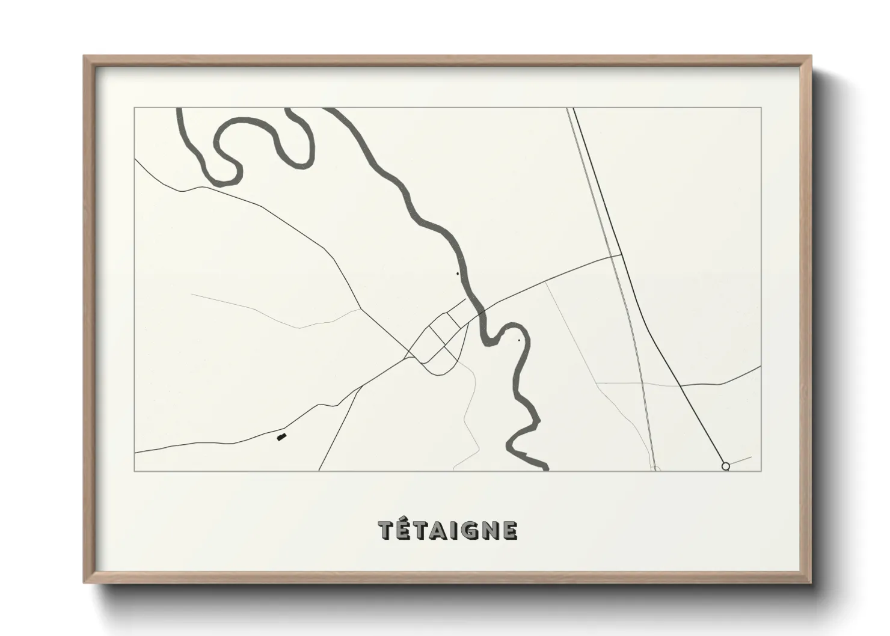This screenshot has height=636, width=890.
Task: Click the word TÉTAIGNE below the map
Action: (448, 530)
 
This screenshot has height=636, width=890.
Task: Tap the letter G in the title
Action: (466, 530)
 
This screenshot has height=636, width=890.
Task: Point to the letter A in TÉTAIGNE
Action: (437, 530)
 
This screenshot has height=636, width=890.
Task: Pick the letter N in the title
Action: (488, 530)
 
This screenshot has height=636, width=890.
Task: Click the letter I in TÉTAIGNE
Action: (452, 530)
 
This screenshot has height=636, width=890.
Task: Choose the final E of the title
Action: (509, 530)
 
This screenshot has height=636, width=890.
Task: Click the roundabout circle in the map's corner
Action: (725, 466)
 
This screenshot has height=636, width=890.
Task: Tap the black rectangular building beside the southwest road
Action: (281, 437)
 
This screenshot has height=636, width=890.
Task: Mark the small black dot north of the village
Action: (458, 274)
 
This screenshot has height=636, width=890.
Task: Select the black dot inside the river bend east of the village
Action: (519, 340)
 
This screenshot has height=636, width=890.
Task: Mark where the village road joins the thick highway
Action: (621, 255)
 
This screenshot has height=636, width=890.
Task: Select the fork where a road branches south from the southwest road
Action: (361, 387)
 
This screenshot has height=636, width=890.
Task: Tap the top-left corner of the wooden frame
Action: (84, 57)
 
